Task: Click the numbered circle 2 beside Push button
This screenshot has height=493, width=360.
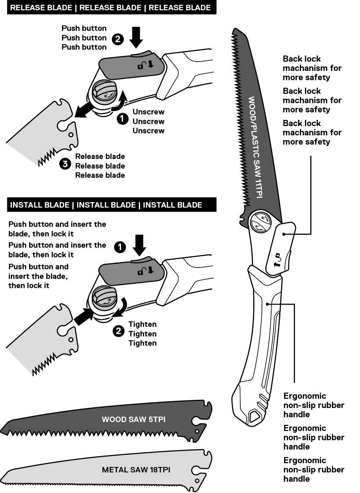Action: (118, 39)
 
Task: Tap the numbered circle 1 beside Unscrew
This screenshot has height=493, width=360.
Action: (122, 119)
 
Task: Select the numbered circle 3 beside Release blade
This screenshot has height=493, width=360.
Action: (65, 164)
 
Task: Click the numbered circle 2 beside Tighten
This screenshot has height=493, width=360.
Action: (118, 331)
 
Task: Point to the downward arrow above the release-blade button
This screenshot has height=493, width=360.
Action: (136, 37)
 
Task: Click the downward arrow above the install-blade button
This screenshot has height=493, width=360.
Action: (139, 245)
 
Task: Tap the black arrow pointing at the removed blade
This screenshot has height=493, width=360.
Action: (84, 110)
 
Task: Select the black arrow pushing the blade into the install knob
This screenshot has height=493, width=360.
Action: (83, 316)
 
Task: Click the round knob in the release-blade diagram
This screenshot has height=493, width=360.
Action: (105, 92)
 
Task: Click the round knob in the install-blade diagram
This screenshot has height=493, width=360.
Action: (105, 298)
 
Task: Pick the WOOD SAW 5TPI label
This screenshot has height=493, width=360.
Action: (133, 419)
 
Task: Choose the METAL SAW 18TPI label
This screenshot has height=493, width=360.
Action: (136, 470)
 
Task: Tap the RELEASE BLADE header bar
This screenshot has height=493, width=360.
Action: (111, 8)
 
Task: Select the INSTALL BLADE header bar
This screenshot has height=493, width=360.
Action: (111, 205)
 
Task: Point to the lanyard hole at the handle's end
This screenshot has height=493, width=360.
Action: (254, 416)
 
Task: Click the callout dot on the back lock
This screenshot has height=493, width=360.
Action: (284, 234)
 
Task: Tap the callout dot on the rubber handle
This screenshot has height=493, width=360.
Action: (267, 304)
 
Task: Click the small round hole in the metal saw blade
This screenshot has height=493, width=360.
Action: (197, 481)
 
